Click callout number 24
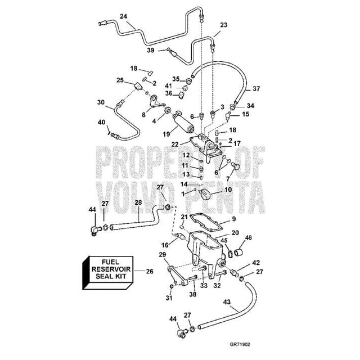click(123, 16)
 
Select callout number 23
click(224, 26)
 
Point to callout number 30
click(101, 103)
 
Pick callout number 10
click(228, 190)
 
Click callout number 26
click(149, 272)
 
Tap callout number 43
click(227, 302)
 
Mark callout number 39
click(151, 50)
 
